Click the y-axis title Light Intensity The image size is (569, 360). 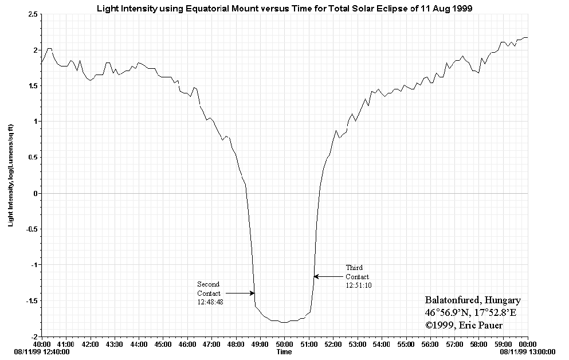click(11, 178)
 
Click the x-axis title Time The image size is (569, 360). click(284, 351)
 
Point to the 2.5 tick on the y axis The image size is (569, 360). click(32, 14)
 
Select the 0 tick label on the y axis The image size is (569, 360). click(36, 193)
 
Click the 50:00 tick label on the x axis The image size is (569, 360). click(284, 345)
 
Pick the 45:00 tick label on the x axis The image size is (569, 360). click(163, 345)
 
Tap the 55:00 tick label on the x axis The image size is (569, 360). click(406, 345)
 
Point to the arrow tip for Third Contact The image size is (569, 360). click(314, 276)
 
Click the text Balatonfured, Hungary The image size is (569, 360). click(473, 300)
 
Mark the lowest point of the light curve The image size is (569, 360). click(284, 322)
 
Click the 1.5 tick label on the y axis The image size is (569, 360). click(32, 86)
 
